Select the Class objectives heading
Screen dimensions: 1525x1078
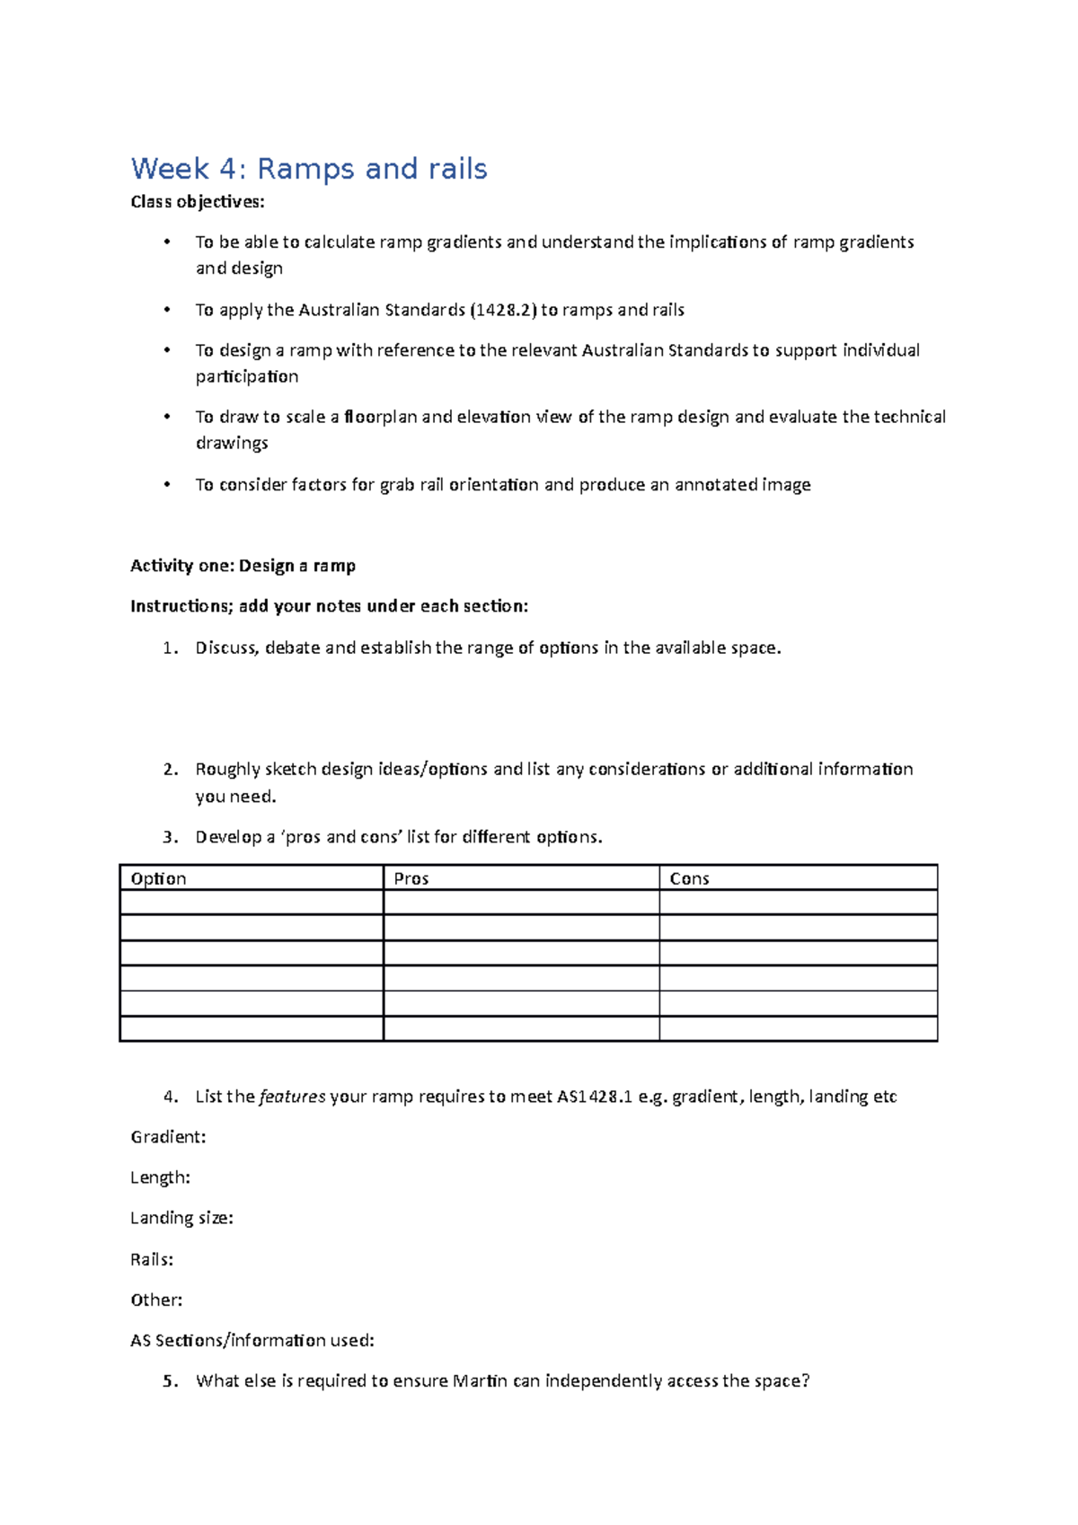[198, 202]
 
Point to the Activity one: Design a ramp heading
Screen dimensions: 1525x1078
[243, 566]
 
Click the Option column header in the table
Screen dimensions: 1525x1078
[158, 878]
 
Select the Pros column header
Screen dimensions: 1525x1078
[411, 878]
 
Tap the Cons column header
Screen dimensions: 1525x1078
[689, 878]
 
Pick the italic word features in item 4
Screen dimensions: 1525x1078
[292, 1097]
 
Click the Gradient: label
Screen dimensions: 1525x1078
[168, 1137]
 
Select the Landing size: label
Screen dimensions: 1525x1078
[181, 1218]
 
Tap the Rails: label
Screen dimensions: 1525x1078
[152, 1259]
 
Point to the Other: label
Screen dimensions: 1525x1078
[156, 1300]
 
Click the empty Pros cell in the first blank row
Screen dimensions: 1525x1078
[521, 903]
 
